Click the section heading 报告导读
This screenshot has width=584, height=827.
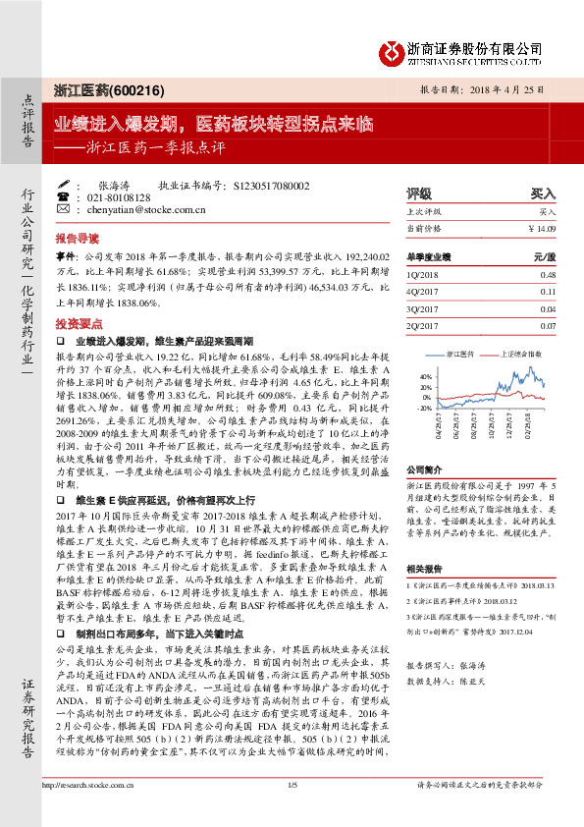coord(77,239)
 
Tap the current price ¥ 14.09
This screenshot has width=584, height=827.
coord(541,229)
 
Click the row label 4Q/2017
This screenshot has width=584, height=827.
coord(421,292)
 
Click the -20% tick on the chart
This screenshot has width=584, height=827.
coord(424,407)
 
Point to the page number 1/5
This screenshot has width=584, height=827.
coord(292,811)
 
